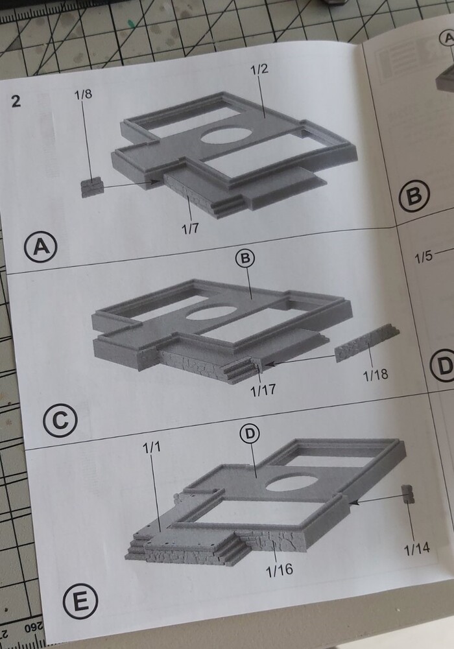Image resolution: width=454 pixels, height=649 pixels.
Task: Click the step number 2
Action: click(x=16, y=101)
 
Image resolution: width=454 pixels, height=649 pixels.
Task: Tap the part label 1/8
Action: click(x=83, y=94)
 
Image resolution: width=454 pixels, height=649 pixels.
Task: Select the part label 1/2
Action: click(x=259, y=69)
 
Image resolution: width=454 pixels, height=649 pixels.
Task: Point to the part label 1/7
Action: click(x=191, y=228)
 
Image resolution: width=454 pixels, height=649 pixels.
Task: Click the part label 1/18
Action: click(x=376, y=375)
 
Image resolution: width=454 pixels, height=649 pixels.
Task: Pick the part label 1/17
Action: click(x=263, y=390)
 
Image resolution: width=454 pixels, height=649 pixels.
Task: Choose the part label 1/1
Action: click(x=152, y=447)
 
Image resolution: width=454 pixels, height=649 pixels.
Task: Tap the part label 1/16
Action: click(x=280, y=571)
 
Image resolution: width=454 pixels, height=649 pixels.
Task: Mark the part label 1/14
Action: click(x=417, y=549)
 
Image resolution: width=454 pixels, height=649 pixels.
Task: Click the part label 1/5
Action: click(x=424, y=257)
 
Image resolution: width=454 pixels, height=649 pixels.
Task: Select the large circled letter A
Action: click(x=41, y=247)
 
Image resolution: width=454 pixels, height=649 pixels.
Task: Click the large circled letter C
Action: click(x=60, y=421)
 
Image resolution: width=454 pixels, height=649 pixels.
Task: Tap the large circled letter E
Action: click(x=80, y=602)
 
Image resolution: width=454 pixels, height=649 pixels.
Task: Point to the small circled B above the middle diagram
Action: click(x=245, y=259)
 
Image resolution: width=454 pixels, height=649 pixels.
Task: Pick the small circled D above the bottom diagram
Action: click(x=250, y=434)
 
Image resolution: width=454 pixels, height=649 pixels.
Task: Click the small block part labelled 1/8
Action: click(x=92, y=187)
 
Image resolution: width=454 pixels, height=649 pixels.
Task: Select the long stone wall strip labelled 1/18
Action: click(x=366, y=342)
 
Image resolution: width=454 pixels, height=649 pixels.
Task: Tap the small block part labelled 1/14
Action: click(x=408, y=493)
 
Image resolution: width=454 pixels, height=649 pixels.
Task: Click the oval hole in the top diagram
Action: click(x=227, y=136)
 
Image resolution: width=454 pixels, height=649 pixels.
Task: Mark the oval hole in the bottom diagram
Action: click(x=292, y=483)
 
